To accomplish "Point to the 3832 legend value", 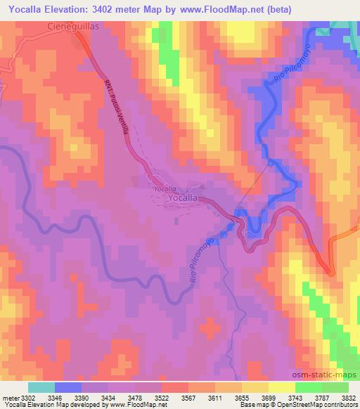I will (348, 398).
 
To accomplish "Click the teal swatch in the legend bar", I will (41, 387).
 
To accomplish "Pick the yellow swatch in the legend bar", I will (281, 387).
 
